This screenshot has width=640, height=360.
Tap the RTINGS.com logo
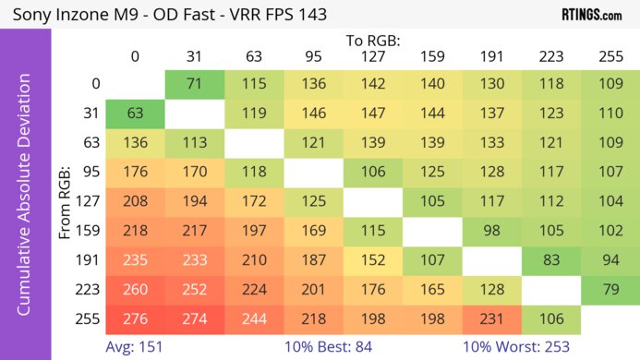coord(591,15)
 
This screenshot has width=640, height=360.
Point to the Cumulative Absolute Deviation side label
coord(25,201)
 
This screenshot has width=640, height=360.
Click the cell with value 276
coord(135,318)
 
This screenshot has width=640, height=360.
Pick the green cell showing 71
coord(194,84)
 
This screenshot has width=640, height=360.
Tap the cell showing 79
coord(610,289)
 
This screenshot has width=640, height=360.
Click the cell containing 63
coord(135,114)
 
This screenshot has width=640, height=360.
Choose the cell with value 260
coord(135,289)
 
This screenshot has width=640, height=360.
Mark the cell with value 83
coord(550,259)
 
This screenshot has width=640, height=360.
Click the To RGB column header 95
coord(313,57)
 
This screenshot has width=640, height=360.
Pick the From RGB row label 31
coord(90,114)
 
